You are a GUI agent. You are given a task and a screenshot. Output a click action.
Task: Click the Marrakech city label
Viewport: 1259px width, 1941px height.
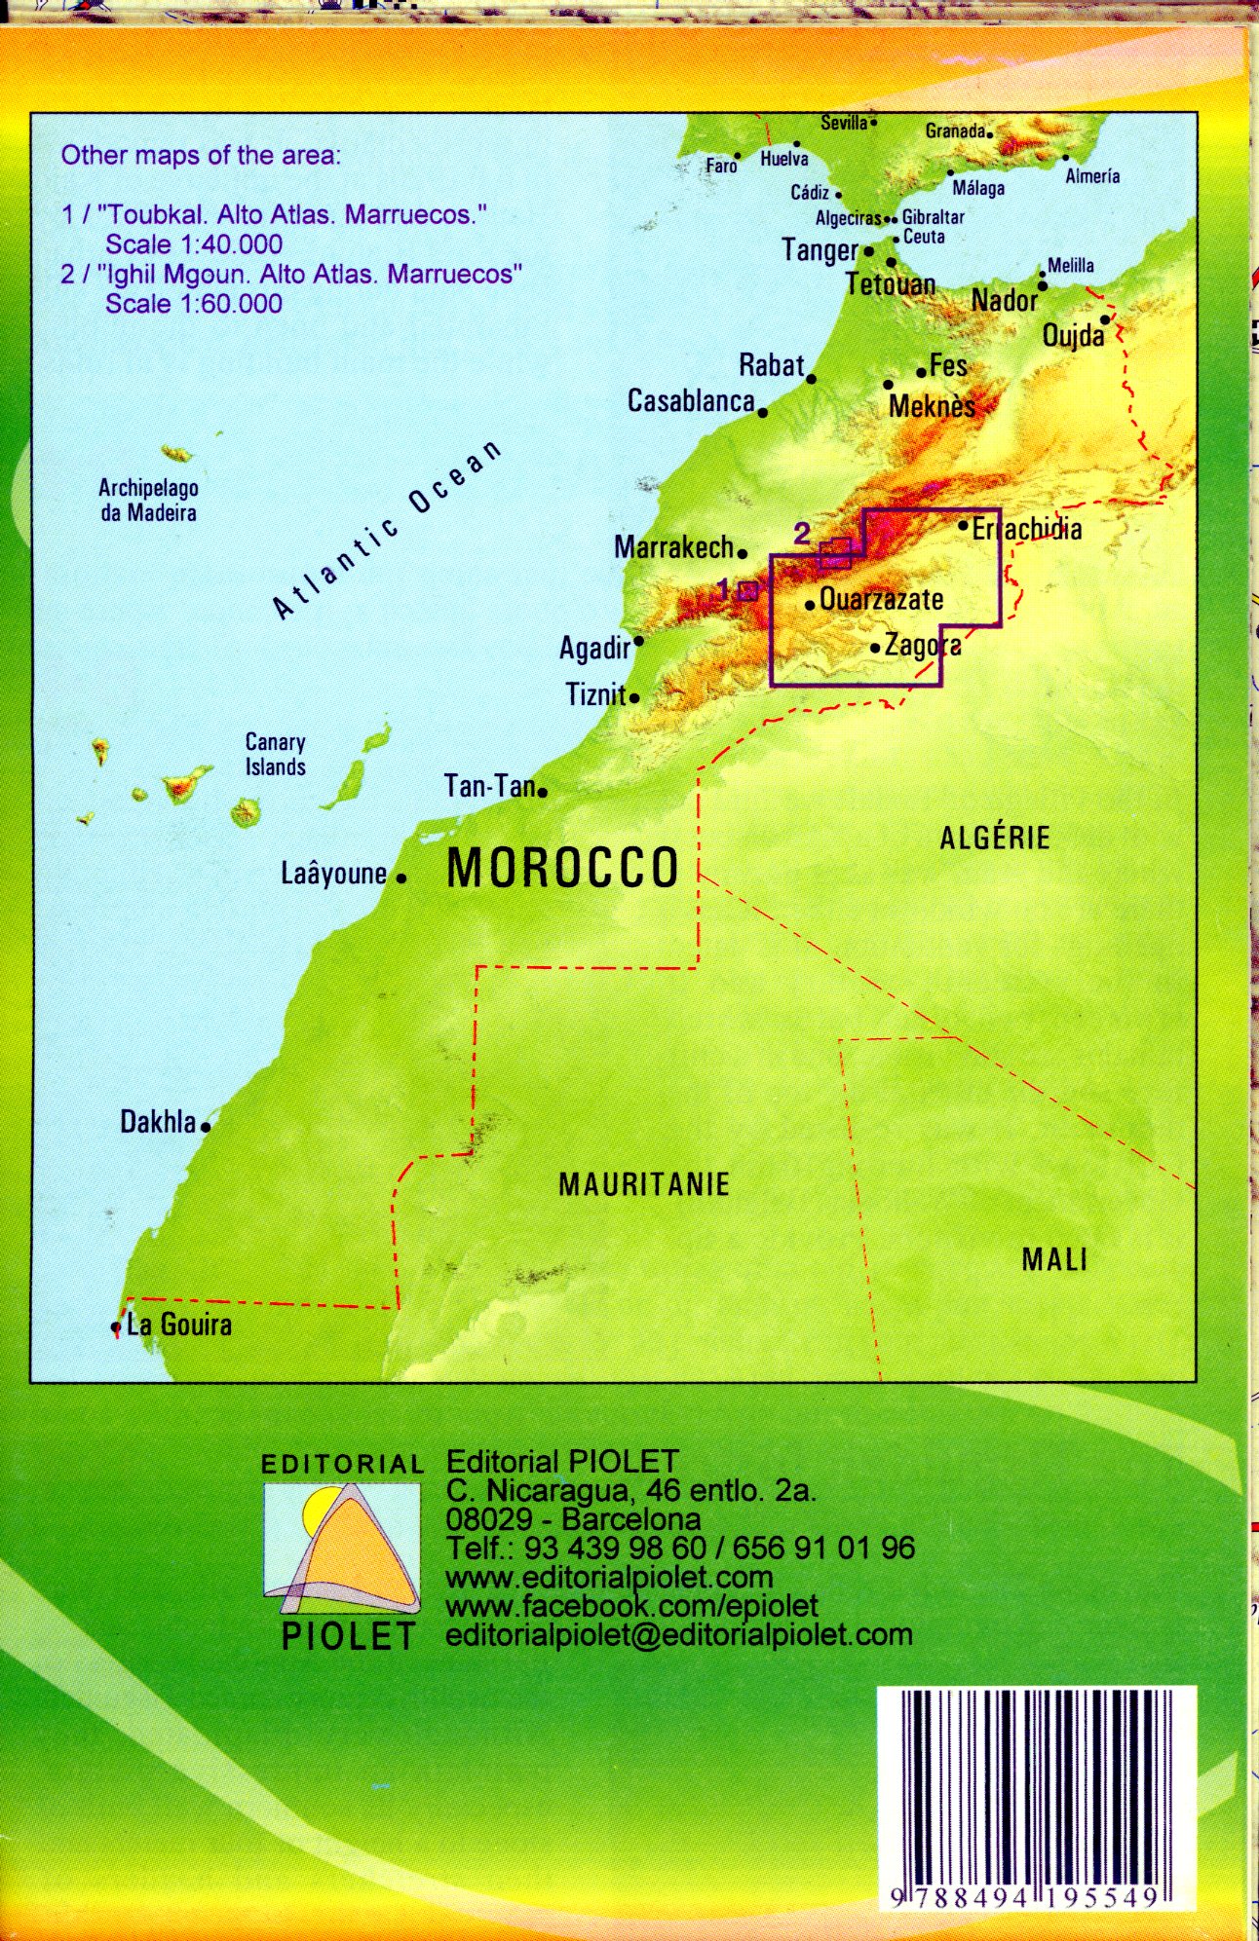(x=673, y=547)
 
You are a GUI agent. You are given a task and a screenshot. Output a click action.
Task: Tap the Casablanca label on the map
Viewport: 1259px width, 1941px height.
(x=691, y=401)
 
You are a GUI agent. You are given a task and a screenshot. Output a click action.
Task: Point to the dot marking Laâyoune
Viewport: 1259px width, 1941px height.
(x=401, y=878)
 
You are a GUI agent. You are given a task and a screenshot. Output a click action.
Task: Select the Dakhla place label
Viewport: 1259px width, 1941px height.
(x=158, y=1122)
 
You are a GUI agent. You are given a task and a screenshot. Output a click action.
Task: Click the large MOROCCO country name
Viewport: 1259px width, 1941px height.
(x=562, y=868)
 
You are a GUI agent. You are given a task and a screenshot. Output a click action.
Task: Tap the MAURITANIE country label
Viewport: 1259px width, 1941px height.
(x=644, y=1184)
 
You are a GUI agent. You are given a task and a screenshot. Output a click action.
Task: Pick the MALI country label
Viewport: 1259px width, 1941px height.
(x=1054, y=1260)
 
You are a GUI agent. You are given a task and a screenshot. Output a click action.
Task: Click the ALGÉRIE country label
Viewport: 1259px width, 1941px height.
(x=995, y=838)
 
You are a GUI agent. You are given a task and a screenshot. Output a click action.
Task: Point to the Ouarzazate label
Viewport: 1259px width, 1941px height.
(x=881, y=599)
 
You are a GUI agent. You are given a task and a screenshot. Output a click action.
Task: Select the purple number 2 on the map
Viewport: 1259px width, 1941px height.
(x=802, y=533)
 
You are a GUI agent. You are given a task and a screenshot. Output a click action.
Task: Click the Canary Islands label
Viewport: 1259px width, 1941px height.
(x=276, y=755)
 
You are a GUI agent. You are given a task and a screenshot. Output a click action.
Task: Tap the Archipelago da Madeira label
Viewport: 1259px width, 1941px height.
(x=148, y=501)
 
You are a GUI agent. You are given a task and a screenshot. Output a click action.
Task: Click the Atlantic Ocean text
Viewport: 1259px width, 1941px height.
(x=387, y=531)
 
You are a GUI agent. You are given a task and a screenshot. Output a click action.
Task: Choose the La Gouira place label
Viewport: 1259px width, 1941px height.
(x=179, y=1325)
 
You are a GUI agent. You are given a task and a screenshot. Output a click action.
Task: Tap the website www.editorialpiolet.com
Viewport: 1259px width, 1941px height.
(x=609, y=1577)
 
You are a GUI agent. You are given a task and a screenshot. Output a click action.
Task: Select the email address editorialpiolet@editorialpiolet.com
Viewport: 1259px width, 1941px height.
(x=679, y=1635)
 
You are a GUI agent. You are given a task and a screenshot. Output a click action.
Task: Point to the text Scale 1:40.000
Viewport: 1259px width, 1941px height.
(x=194, y=244)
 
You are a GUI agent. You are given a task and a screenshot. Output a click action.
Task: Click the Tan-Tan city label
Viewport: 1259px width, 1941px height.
(x=489, y=786)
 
